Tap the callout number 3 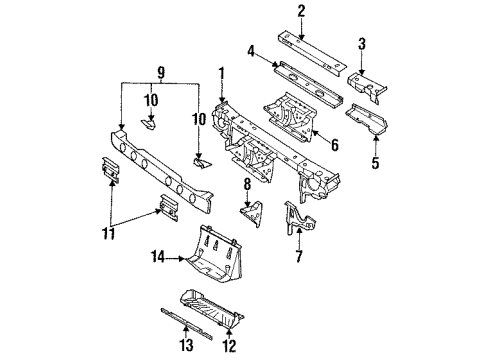[362, 43]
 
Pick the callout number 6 [335, 145]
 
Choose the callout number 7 [297, 258]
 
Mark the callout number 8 [246, 183]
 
